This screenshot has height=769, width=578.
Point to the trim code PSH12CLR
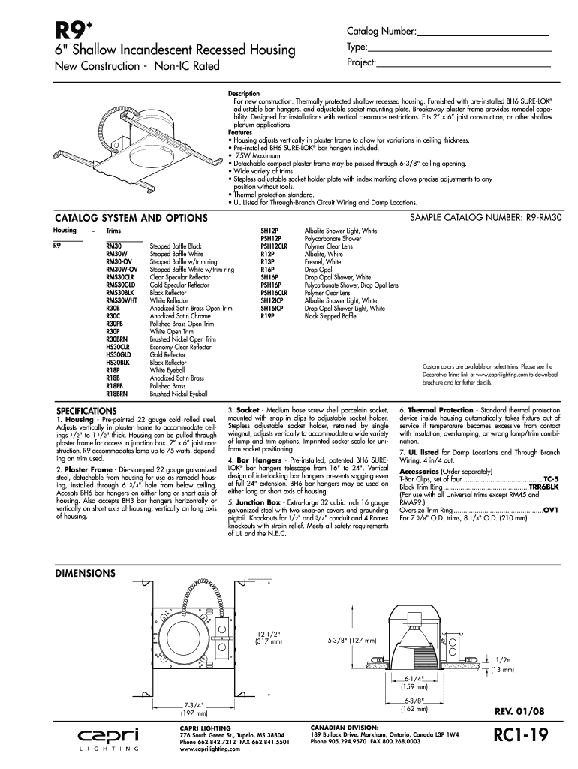point(273,246)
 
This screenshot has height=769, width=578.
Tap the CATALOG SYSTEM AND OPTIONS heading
point(131,218)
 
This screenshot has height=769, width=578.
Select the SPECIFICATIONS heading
point(87,411)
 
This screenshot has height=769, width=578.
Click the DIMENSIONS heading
point(86,573)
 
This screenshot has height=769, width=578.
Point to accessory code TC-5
point(551,478)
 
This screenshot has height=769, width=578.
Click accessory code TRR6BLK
point(543,487)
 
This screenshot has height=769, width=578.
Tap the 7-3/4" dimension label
point(194,706)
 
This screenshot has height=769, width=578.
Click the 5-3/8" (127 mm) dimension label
point(351,641)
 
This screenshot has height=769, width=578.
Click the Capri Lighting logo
point(110,738)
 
